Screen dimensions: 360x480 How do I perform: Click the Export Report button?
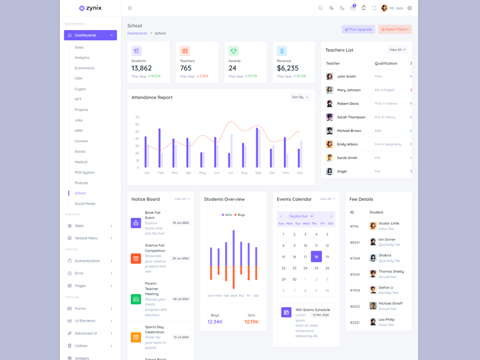395,29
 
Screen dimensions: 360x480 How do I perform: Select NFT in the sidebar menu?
78,99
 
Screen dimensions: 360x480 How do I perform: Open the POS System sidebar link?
85,172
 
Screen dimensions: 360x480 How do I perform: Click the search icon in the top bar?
320,8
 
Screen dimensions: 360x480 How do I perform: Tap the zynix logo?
91,8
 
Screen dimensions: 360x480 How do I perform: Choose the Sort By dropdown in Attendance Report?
300,97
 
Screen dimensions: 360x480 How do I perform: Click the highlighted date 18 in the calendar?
316,256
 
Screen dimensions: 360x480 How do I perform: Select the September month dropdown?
301,216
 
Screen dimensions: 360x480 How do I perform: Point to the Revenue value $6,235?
287,68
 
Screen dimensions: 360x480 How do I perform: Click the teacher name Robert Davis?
348,103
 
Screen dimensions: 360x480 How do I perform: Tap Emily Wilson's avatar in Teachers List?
329,144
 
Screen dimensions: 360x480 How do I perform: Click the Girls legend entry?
227,215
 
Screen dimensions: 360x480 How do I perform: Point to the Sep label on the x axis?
258,173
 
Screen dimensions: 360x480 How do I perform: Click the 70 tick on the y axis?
137,117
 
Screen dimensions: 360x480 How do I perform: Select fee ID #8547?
355,242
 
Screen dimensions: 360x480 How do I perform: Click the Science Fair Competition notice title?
155,248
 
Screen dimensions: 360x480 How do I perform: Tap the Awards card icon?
233,52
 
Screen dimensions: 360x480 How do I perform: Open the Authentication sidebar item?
88,261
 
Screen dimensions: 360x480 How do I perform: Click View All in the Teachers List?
397,50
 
